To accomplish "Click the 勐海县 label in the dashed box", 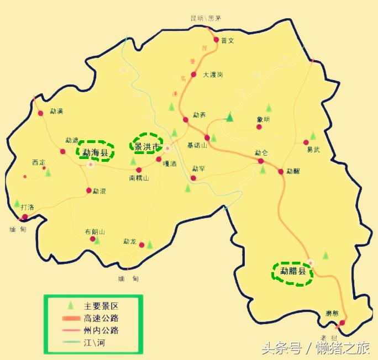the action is (96, 152).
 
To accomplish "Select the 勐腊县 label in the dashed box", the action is (293, 271).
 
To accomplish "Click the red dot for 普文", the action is (216, 40).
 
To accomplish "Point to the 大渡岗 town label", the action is (213, 75).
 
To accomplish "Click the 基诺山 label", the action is (197, 145).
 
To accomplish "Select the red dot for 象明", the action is (259, 127).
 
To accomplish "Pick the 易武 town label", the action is (313, 149).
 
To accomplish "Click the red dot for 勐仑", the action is (261, 161).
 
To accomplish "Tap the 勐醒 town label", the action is (293, 171).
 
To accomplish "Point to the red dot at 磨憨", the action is (343, 322).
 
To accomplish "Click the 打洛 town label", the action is (27, 207).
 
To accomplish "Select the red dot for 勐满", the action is (40, 113).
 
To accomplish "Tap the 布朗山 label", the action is (95, 232).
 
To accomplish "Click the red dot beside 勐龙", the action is (141, 245).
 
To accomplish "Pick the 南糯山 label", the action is (139, 178).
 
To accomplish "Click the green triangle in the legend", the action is (70, 305).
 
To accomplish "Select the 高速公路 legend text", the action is (101, 318).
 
